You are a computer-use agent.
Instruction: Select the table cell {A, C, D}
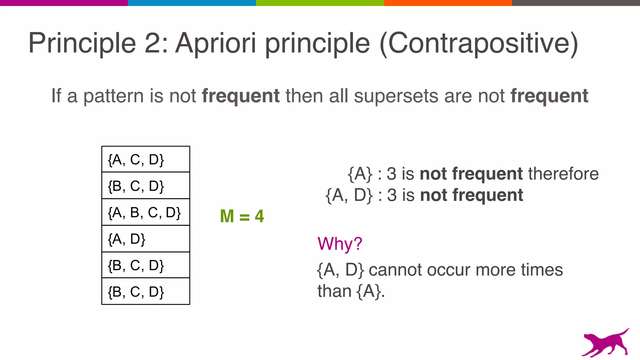[x=146, y=159]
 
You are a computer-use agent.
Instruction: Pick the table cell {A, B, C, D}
[x=146, y=212]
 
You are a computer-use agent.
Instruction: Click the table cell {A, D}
[x=146, y=239]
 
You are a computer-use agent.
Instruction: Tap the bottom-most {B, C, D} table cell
[x=146, y=292]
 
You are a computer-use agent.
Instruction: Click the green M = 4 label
[x=242, y=216]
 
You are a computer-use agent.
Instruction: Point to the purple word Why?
[x=340, y=243]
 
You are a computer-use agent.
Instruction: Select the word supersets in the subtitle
[x=396, y=96]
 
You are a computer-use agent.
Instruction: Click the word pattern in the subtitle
[x=113, y=96]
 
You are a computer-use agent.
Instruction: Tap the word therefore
[x=563, y=174]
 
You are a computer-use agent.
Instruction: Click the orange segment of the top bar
[x=448, y=3]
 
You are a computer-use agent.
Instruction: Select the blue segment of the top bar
[x=192, y=3]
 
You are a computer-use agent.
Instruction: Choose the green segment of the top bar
[x=320, y=3]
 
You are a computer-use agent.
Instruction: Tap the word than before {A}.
[x=334, y=291]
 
